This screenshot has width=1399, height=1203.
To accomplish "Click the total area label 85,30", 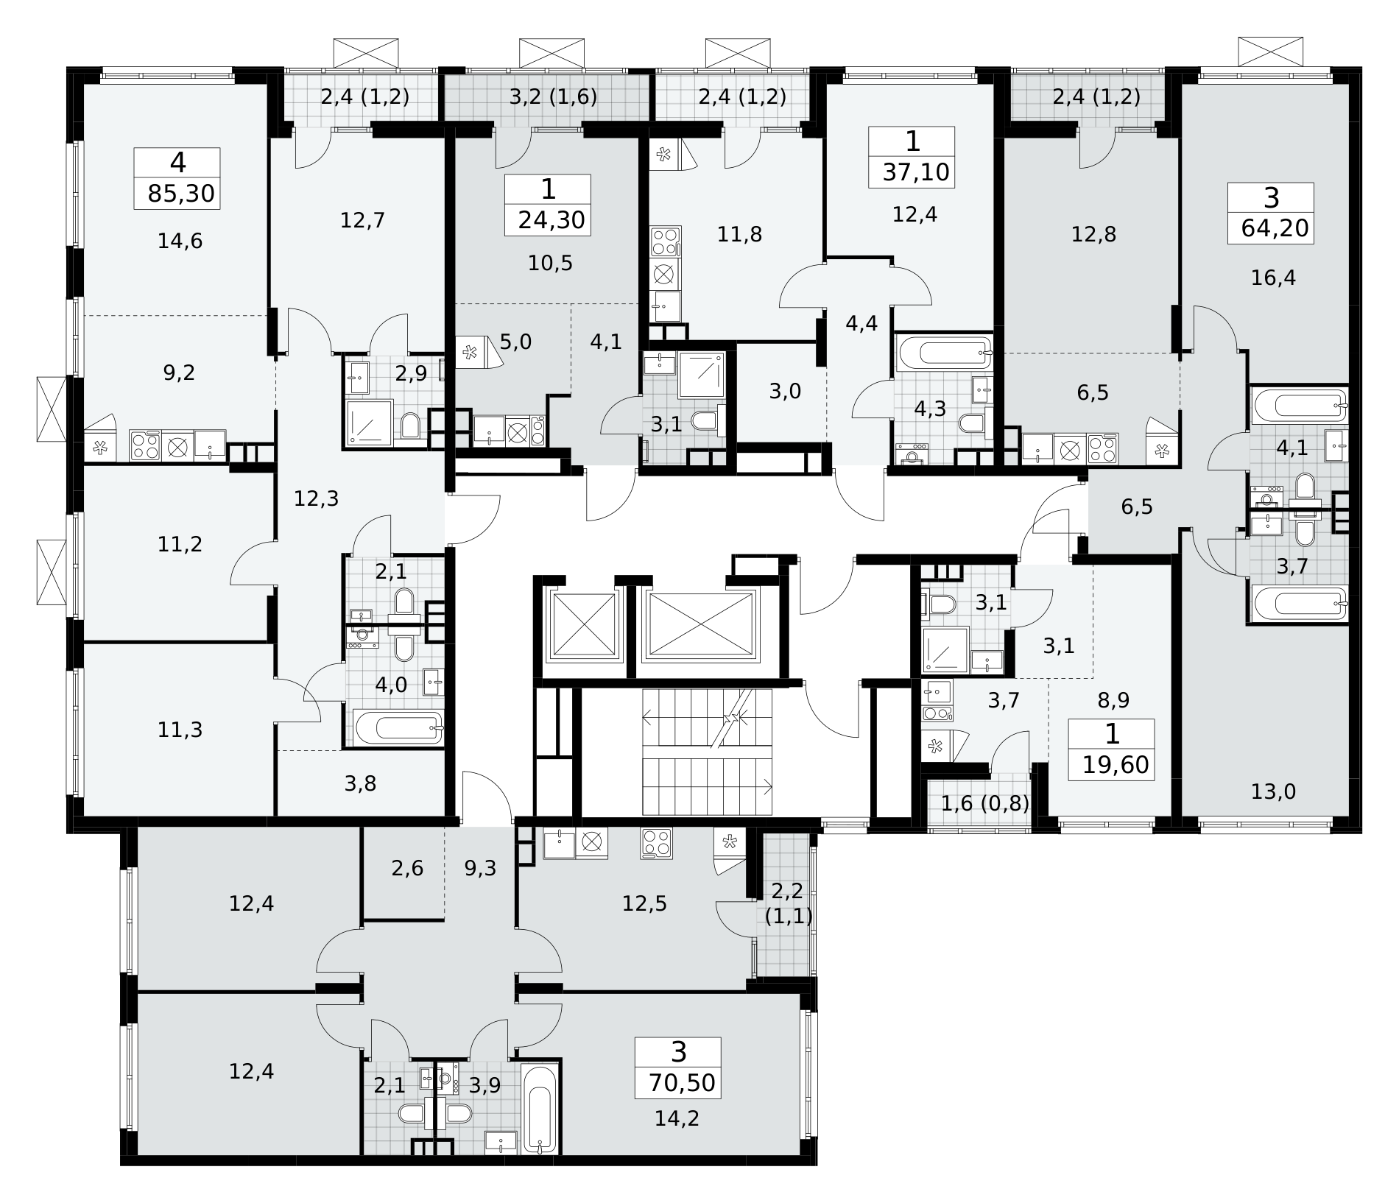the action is (x=181, y=194).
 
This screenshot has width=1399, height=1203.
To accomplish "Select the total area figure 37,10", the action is (x=916, y=173).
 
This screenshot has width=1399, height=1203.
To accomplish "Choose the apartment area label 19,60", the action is (x=1116, y=766).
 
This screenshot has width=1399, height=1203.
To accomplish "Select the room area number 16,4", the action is (x=1273, y=278).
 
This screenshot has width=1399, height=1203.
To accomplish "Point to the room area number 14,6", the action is (x=180, y=241).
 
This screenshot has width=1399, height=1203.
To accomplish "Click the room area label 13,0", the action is (x=1273, y=792).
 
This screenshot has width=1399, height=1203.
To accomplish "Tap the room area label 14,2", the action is (x=677, y=1119).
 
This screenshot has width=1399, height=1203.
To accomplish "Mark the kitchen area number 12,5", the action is (x=644, y=903).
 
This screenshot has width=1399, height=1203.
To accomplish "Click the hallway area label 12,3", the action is (x=316, y=499).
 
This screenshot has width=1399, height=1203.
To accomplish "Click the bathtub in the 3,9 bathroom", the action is (x=540, y=1110).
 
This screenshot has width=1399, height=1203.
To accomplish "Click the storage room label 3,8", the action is (x=360, y=784).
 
